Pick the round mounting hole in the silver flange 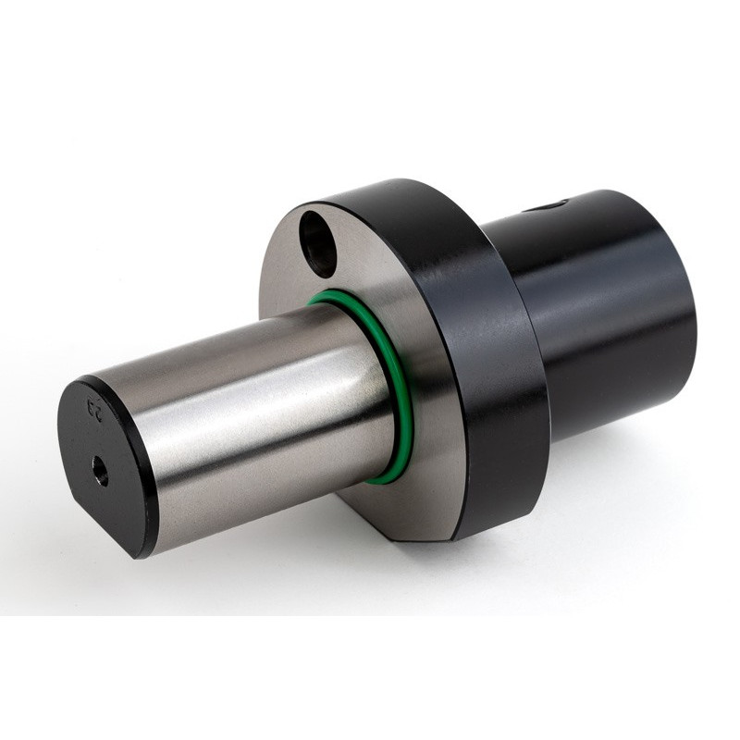coord(319,243)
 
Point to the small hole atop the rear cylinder coord(553,204)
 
